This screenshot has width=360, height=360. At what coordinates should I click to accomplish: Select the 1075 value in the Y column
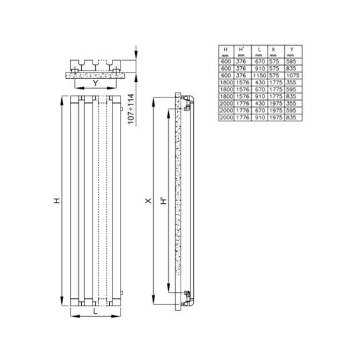[290, 75]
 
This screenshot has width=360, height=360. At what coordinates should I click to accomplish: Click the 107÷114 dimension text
[131, 109]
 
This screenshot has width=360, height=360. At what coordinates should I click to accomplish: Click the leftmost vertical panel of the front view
[74, 200]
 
